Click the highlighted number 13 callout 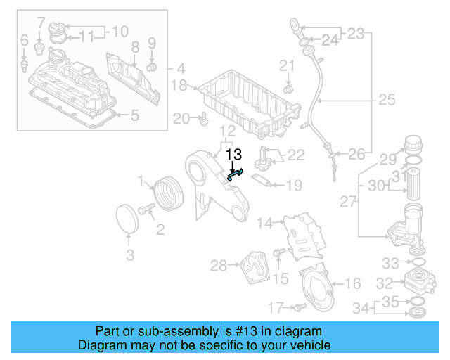(x=233, y=154)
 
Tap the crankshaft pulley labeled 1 (x=167, y=194)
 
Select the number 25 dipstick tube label (x=387, y=100)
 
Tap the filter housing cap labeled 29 (x=413, y=147)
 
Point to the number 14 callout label (x=264, y=224)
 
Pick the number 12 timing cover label (x=227, y=131)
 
